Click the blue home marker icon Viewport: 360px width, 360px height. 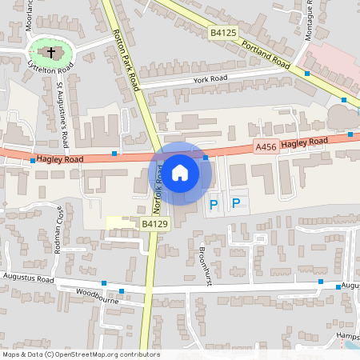180,173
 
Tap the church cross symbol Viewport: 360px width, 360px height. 52,54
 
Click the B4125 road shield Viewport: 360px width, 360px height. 223,33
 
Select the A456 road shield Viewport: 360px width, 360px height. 266,146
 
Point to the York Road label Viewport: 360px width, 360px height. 210,79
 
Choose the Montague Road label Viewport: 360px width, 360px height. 310,20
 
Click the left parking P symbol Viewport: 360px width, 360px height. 213,205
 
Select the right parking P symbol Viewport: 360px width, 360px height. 235,204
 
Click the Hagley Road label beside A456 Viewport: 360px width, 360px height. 304,142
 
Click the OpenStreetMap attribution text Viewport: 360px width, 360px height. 80,354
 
